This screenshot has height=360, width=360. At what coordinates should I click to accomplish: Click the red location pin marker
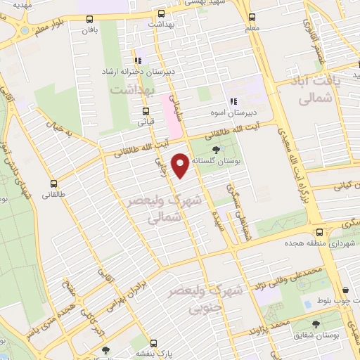181,165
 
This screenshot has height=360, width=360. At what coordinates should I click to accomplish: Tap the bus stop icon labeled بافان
89,18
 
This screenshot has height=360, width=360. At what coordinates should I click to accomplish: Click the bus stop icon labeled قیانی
146,110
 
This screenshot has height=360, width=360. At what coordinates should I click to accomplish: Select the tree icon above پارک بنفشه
105,349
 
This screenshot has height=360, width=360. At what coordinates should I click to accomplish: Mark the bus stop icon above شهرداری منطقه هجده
320,231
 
